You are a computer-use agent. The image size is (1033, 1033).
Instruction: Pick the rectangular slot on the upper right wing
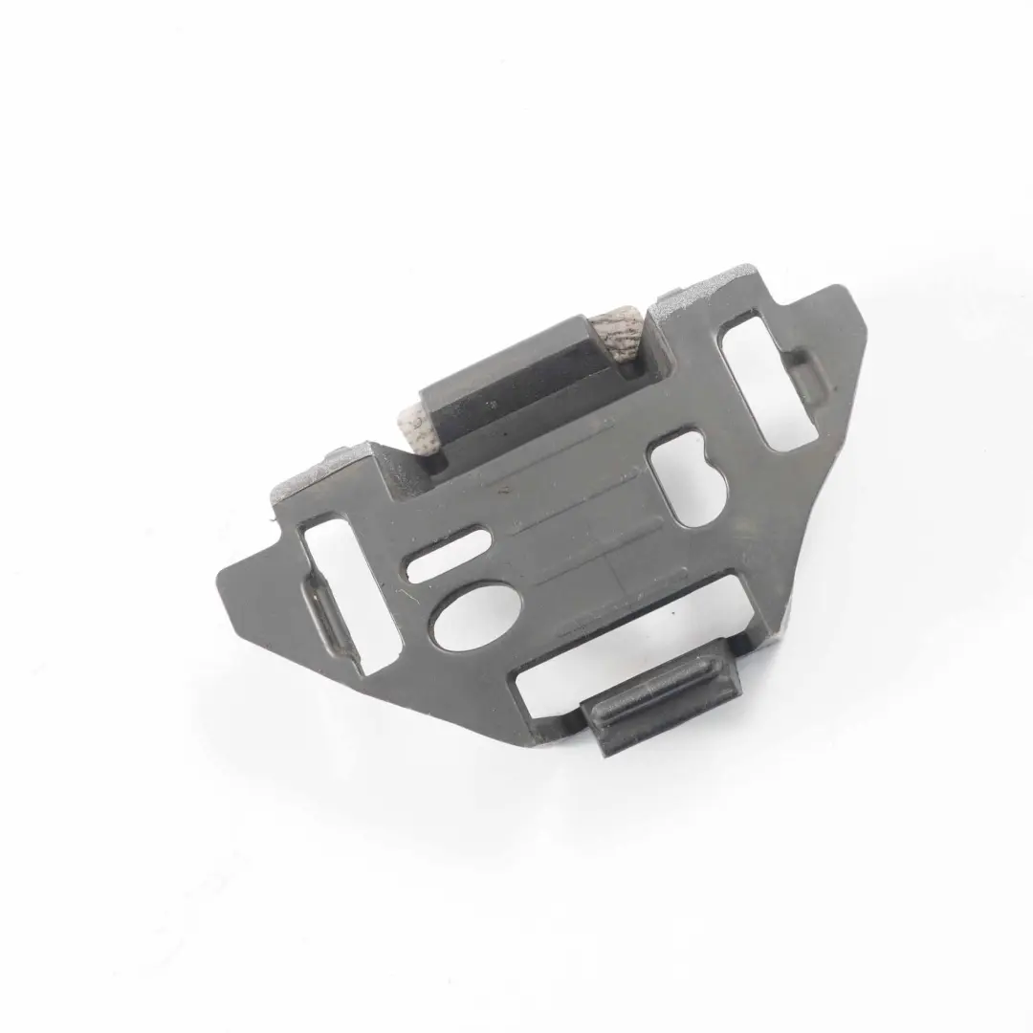coord(770,378)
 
